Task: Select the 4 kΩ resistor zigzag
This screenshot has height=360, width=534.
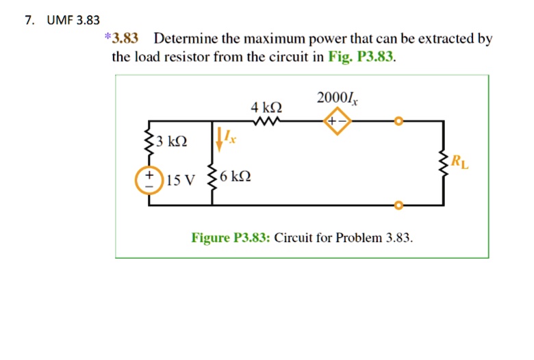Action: (265, 123)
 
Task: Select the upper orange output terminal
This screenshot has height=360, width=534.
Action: (398, 122)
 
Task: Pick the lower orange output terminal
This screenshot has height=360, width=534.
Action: (398, 204)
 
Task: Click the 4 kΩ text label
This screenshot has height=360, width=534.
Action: (266, 107)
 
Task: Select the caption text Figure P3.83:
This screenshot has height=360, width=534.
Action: (231, 237)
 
